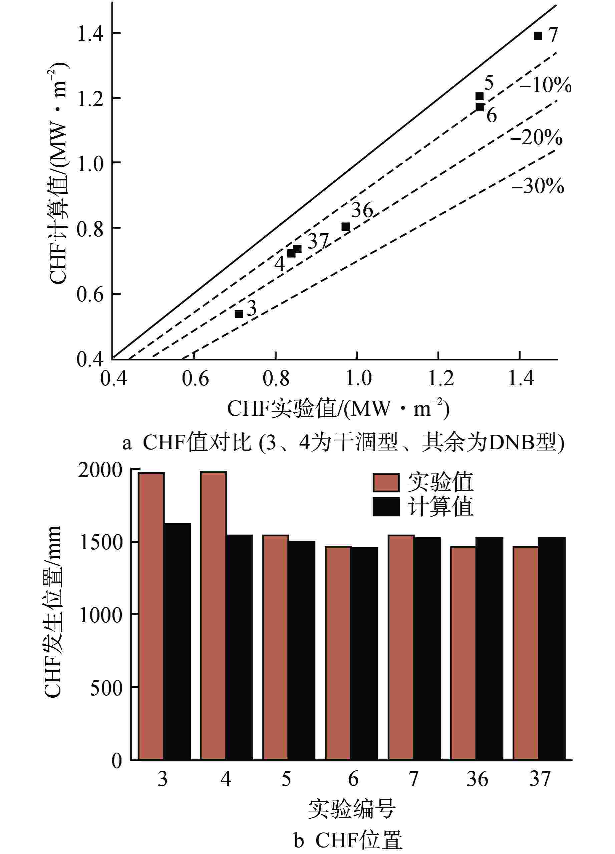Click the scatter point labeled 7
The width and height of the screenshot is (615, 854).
point(538,36)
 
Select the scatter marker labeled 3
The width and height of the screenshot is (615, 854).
point(239,314)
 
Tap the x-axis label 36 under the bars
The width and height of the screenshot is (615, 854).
point(477,779)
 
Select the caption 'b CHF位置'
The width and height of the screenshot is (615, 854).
point(347,840)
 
